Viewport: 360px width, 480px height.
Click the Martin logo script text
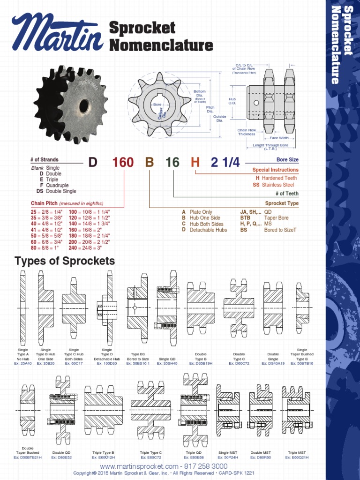tap(57, 34)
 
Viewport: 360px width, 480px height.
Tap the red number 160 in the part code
tap(123, 163)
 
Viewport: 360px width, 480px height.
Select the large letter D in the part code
tap(93, 163)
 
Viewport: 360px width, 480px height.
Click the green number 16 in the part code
tap(172, 163)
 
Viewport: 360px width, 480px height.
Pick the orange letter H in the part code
tap(195, 163)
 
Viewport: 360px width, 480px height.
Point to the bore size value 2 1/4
tap(225, 163)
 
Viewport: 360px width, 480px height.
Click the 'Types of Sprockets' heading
tap(65, 261)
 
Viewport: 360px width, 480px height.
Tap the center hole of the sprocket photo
tap(84, 106)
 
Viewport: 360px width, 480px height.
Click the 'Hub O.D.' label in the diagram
tap(232, 101)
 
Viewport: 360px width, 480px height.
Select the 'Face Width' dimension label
tap(279, 138)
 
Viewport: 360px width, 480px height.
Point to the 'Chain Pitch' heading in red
tap(45, 203)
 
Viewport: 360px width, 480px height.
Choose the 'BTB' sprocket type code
tap(245, 218)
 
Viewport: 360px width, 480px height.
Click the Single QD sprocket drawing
tap(167, 307)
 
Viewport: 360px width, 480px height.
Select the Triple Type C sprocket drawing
tap(150, 410)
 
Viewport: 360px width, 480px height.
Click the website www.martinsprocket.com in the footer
tap(139, 466)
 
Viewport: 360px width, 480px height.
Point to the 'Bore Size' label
tap(287, 160)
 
